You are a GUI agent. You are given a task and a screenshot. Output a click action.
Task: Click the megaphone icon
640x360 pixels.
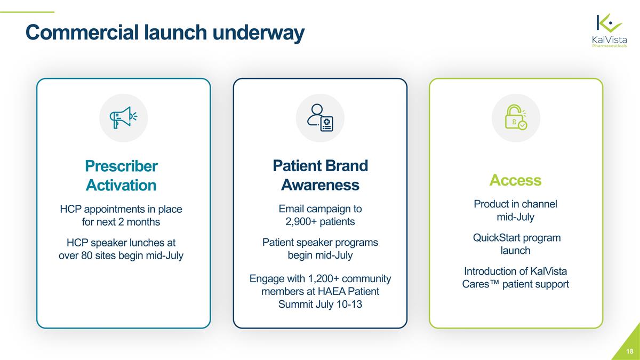[x=123, y=118]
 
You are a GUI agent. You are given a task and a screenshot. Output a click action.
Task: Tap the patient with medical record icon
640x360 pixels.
[x=321, y=118]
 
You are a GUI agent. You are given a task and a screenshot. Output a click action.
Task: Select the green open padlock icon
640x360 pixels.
[x=516, y=117]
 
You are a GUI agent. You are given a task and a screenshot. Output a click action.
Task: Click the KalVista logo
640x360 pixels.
[x=610, y=30]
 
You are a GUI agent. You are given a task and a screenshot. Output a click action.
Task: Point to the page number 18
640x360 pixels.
[x=630, y=351]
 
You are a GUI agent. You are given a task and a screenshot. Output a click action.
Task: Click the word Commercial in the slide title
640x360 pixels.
[x=82, y=32]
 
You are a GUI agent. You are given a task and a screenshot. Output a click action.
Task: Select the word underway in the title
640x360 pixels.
[x=259, y=33]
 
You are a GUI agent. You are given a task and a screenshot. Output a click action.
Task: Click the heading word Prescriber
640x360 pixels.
[x=121, y=166]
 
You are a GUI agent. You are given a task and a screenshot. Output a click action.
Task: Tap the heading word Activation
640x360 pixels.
[x=121, y=185]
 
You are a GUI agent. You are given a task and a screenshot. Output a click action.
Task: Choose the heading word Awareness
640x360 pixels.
[x=321, y=185]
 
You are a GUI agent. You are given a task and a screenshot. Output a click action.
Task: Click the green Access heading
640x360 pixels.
[x=515, y=180]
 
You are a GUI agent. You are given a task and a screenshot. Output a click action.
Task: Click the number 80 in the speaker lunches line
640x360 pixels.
[x=86, y=255]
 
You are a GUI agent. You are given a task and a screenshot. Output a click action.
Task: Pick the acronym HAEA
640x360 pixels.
[x=331, y=291]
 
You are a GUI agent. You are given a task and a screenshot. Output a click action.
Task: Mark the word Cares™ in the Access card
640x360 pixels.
[x=481, y=284]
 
